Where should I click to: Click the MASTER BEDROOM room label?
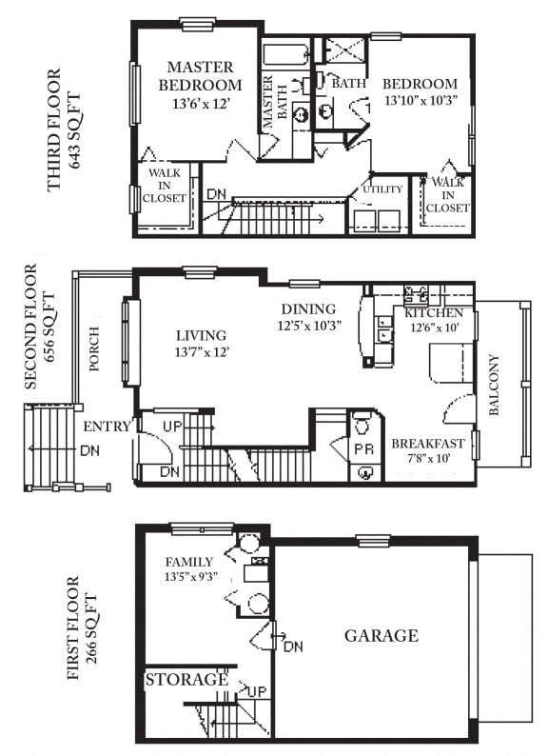pyautogui.click(x=200, y=76)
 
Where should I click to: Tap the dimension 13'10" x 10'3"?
pyautogui.click(x=421, y=100)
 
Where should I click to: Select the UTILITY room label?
pyautogui.click(x=382, y=189)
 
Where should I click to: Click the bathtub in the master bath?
pyautogui.click(x=286, y=56)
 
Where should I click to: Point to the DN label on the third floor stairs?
pyautogui.click(x=216, y=194)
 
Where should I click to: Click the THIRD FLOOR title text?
pyautogui.click(x=54, y=130)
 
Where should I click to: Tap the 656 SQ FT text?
pyautogui.click(x=49, y=328)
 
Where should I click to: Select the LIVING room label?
pyautogui.click(x=201, y=335)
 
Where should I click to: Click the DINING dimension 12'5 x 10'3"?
pyautogui.click(x=309, y=326)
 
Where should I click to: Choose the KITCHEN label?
pyautogui.click(x=433, y=313)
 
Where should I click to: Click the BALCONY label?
pyautogui.click(x=494, y=386)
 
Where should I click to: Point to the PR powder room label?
pyautogui.click(x=363, y=448)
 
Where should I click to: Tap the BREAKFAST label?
pyautogui.click(x=428, y=444)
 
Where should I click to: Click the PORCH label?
pyautogui.click(x=94, y=349)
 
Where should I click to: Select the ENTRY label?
pyautogui.click(x=107, y=427)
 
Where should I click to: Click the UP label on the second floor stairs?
pyautogui.click(x=172, y=427)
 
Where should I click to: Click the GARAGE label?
pyautogui.click(x=382, y=635)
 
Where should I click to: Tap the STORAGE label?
pyautogui.click(x=186, y=679)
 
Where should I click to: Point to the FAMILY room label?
pyautogui.click(x=189, y=562)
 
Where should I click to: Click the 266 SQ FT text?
pyautogui.click(x=91, y=629)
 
